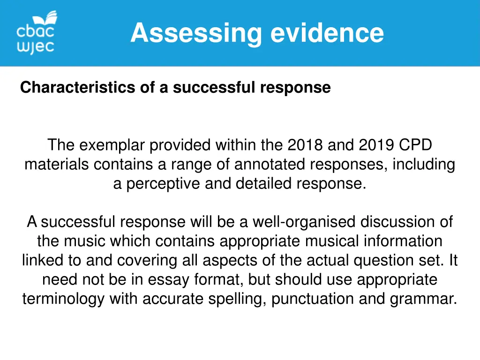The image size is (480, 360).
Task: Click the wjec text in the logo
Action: coord(35,47)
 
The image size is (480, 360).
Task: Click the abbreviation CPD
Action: coord(415,145)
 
